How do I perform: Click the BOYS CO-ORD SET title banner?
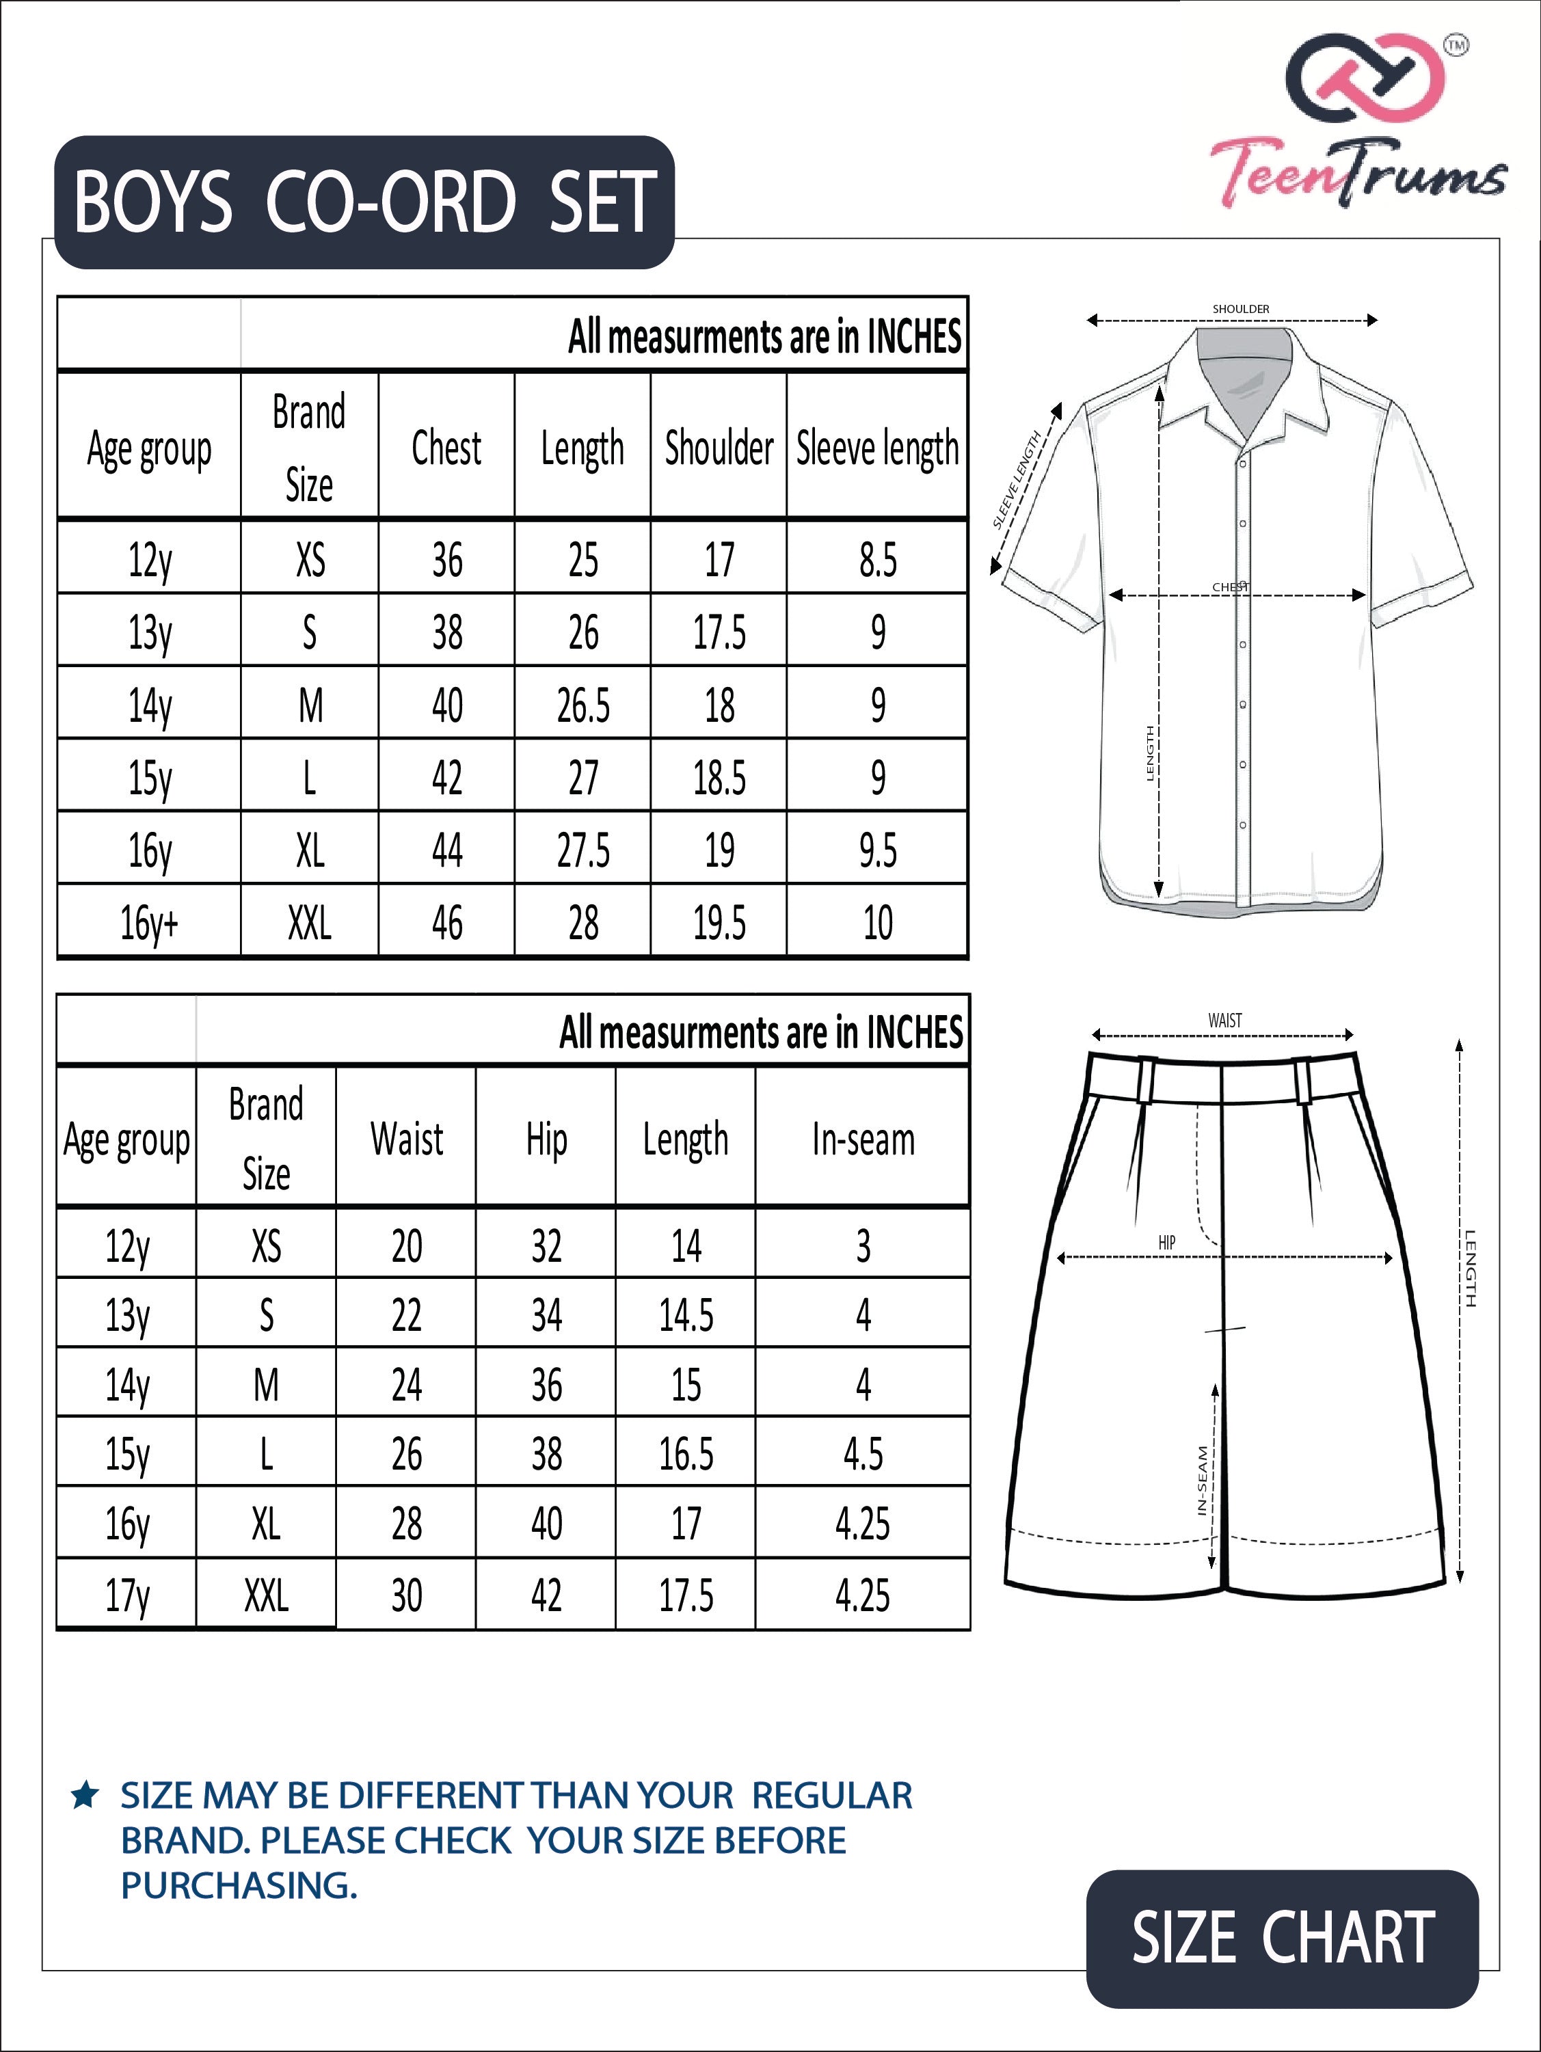coord(364,202)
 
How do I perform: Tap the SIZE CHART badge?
coord(1282,1938)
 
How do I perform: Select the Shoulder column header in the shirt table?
coord(719,448)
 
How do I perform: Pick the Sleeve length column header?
coord(876,448)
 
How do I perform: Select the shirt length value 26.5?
coord(582,705)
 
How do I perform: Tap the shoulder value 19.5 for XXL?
coord(719,922)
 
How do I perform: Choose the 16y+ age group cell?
coord(148,922)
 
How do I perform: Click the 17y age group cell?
coord(127,1595)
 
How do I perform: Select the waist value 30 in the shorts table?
coord(406,1595)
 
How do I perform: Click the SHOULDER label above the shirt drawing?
coord(1240,309)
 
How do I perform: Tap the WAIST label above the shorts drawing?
coord(1224,1021)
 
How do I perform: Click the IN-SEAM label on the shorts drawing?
coord(1203,1481)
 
